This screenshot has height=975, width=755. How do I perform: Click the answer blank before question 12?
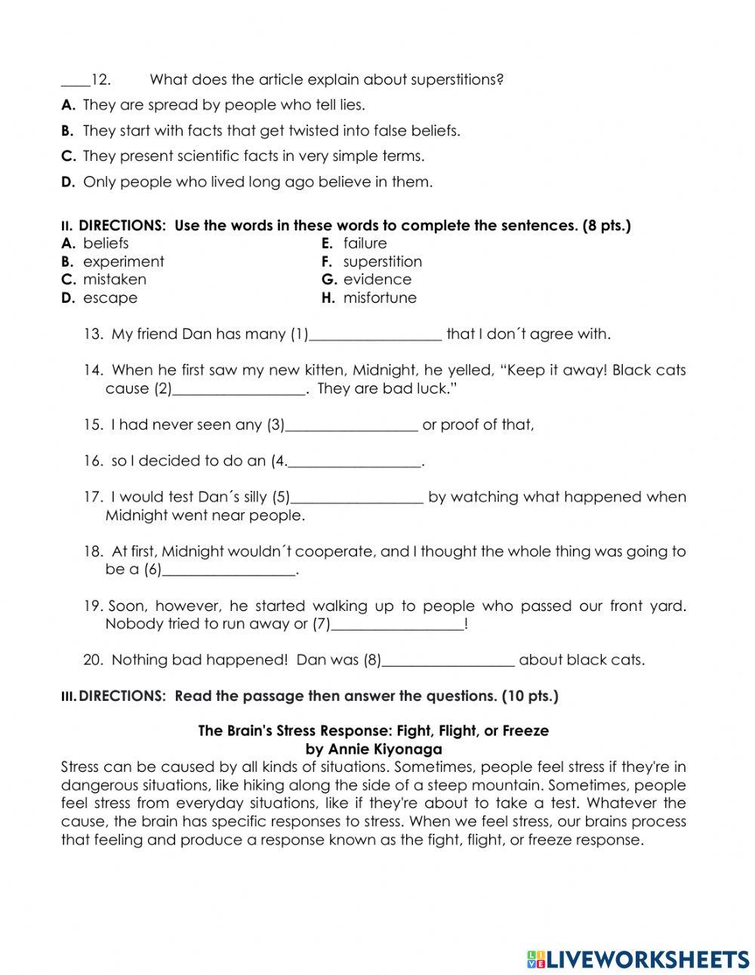tap(75, 81)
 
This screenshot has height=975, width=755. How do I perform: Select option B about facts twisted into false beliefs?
tap(271, 131)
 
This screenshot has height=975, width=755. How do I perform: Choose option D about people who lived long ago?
tap(257, 182)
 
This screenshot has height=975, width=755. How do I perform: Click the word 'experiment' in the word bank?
tap(123, 261)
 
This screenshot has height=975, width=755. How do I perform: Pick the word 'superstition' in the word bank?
tap(382, 261)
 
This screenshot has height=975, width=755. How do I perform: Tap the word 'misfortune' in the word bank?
tap(379, 298)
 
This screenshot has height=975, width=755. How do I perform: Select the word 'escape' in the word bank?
tap(110, 298)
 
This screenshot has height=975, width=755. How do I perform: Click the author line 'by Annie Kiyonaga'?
tap(373, 749)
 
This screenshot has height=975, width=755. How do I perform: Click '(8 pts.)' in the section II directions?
tap(606, 226)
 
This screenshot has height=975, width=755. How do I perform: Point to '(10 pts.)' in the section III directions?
tap(529, 696)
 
